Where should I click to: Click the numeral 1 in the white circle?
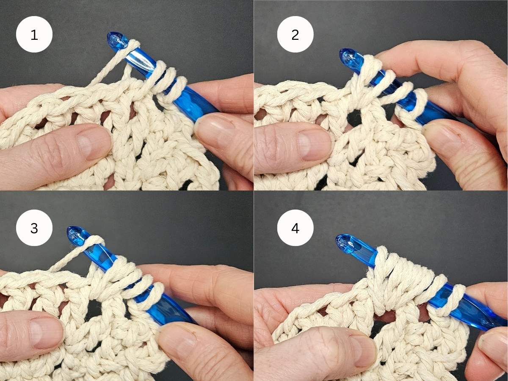point(34,34)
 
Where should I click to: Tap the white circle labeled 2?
point(295,34)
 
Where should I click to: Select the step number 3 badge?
point(34,228)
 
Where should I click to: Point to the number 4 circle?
point(295,228)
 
